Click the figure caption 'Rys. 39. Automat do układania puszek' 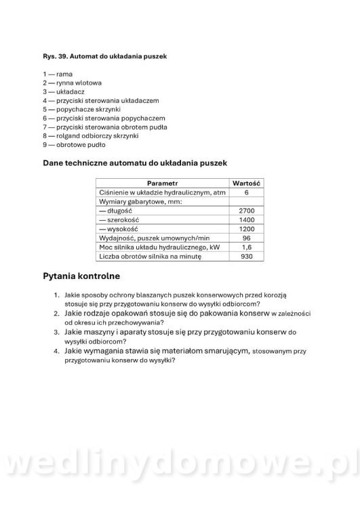pyautogui.click(x=104, y=56)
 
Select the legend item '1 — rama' pyautogui.click(x=58, y=74)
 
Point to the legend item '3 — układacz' pyautogui.click(x=65, y=91)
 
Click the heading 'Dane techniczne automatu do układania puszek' pyautogui.click(x=134, y=163)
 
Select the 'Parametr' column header pyautogui.click(x=162, y=183)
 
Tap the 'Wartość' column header pyautogui.click(x=247, y=183)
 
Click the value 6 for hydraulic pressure pyautogui.click(x=247, y=192)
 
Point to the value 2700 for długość pyautogui.click(x=247, y=211)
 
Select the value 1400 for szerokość pyautogui.click(x=247, y=220)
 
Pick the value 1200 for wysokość pyautogui.click(x=247, y=230)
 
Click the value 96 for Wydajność pyautogui.click(x=247, y=238)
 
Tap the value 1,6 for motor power pyautogui.click(x=247, y=248)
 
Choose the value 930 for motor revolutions pyautogui.click(x=247, y=257)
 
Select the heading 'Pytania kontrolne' pyautogui.click(x=81, y=276)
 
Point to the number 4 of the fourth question pyautogui.click(x=57, y=351)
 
